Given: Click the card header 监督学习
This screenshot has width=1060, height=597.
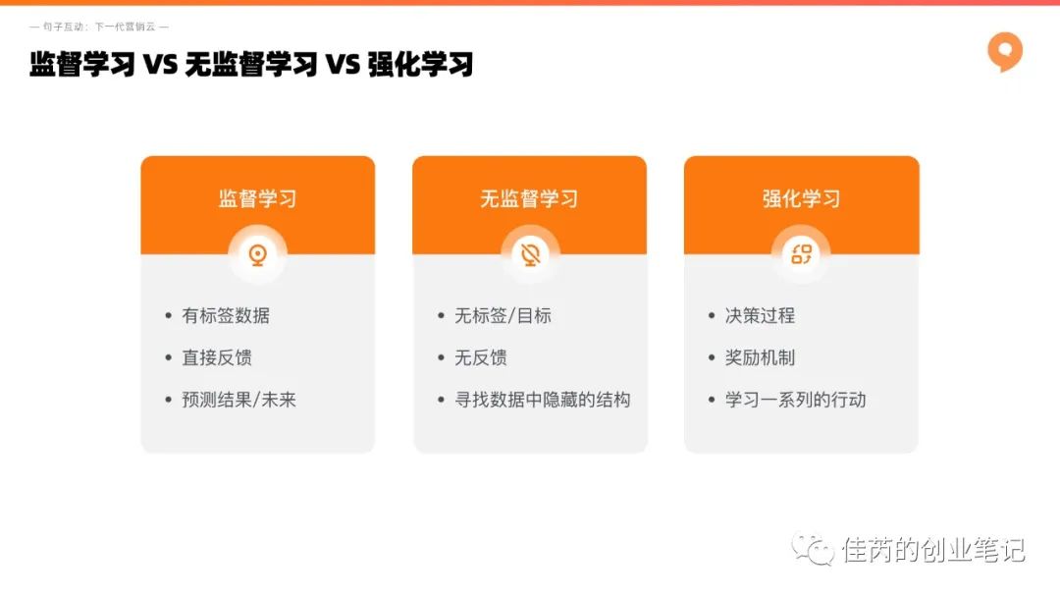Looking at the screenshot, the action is [257, 198].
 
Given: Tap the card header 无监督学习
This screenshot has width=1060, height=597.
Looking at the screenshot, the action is [529, 198].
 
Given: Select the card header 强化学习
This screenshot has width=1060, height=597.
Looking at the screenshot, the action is [801, 198].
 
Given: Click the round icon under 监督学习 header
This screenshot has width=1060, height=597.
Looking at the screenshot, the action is [257, 255].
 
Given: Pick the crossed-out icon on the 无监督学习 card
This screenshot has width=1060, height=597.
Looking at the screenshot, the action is [530, 255].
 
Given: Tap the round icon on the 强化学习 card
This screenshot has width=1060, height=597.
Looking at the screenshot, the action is [801, 255].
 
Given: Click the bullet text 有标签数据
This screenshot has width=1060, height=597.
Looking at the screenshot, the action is [226, 316].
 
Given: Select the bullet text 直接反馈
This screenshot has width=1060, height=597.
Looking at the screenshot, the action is [217, 357].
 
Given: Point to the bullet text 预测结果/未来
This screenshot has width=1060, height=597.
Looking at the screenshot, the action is [238, 400].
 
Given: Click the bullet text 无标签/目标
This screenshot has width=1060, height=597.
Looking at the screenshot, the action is [503, 316].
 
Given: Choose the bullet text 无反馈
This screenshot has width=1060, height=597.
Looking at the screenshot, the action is [481, 357].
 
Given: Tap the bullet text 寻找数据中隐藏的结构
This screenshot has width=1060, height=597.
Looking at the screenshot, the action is [542, 400].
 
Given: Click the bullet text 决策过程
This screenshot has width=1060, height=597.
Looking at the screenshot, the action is [760, 316].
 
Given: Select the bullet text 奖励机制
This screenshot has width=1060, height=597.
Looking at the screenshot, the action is [760, 357].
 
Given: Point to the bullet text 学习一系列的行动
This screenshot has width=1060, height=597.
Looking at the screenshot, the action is [795, 400].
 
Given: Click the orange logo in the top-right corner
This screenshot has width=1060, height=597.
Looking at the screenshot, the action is [1005, 51].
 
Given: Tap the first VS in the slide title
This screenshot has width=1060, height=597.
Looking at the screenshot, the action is [160, 64].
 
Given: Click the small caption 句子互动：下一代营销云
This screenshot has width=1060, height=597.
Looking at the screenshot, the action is [99, 27].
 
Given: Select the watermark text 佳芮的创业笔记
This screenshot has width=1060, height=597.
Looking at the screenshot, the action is [933, 550].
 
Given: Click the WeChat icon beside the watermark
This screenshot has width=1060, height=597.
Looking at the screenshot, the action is [813, 549].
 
